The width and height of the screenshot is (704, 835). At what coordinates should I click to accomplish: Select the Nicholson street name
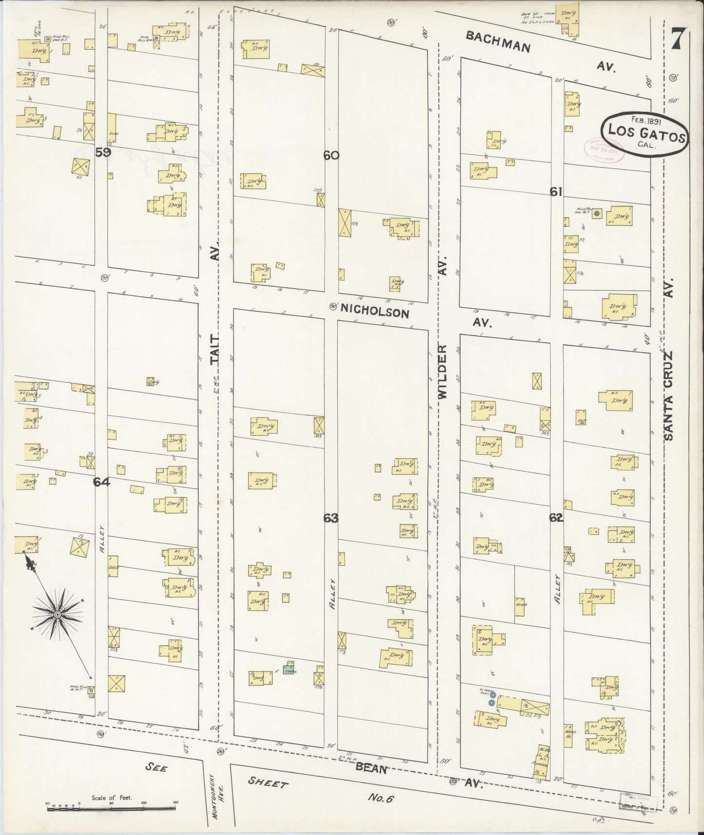point(375,310)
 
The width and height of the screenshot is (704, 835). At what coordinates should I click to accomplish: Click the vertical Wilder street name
point(442,372)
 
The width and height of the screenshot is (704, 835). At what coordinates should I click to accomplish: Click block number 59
point(103,152)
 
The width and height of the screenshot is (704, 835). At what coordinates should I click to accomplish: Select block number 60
point(331,155)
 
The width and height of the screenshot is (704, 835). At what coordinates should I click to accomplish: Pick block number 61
point(556,192)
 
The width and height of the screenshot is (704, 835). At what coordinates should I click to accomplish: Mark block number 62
point(556,518)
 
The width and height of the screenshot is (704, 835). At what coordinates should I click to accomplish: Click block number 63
point(331,518)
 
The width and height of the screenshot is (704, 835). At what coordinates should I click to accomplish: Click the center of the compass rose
point(58,615)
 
